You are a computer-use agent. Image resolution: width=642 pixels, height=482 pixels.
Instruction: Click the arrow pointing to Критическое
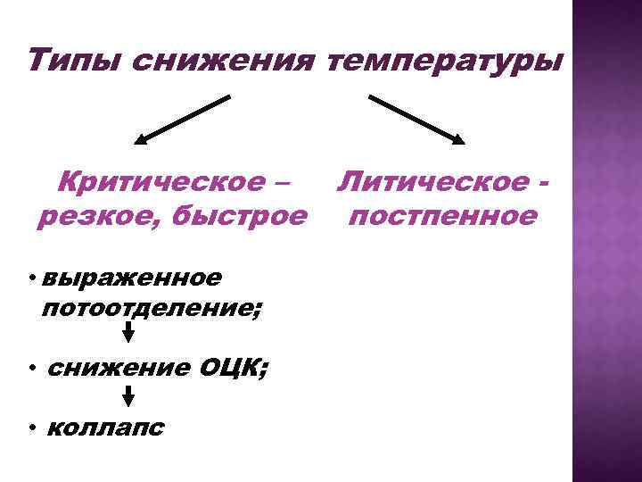183,119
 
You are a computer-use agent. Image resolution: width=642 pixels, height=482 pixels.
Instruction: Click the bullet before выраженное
30,278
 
